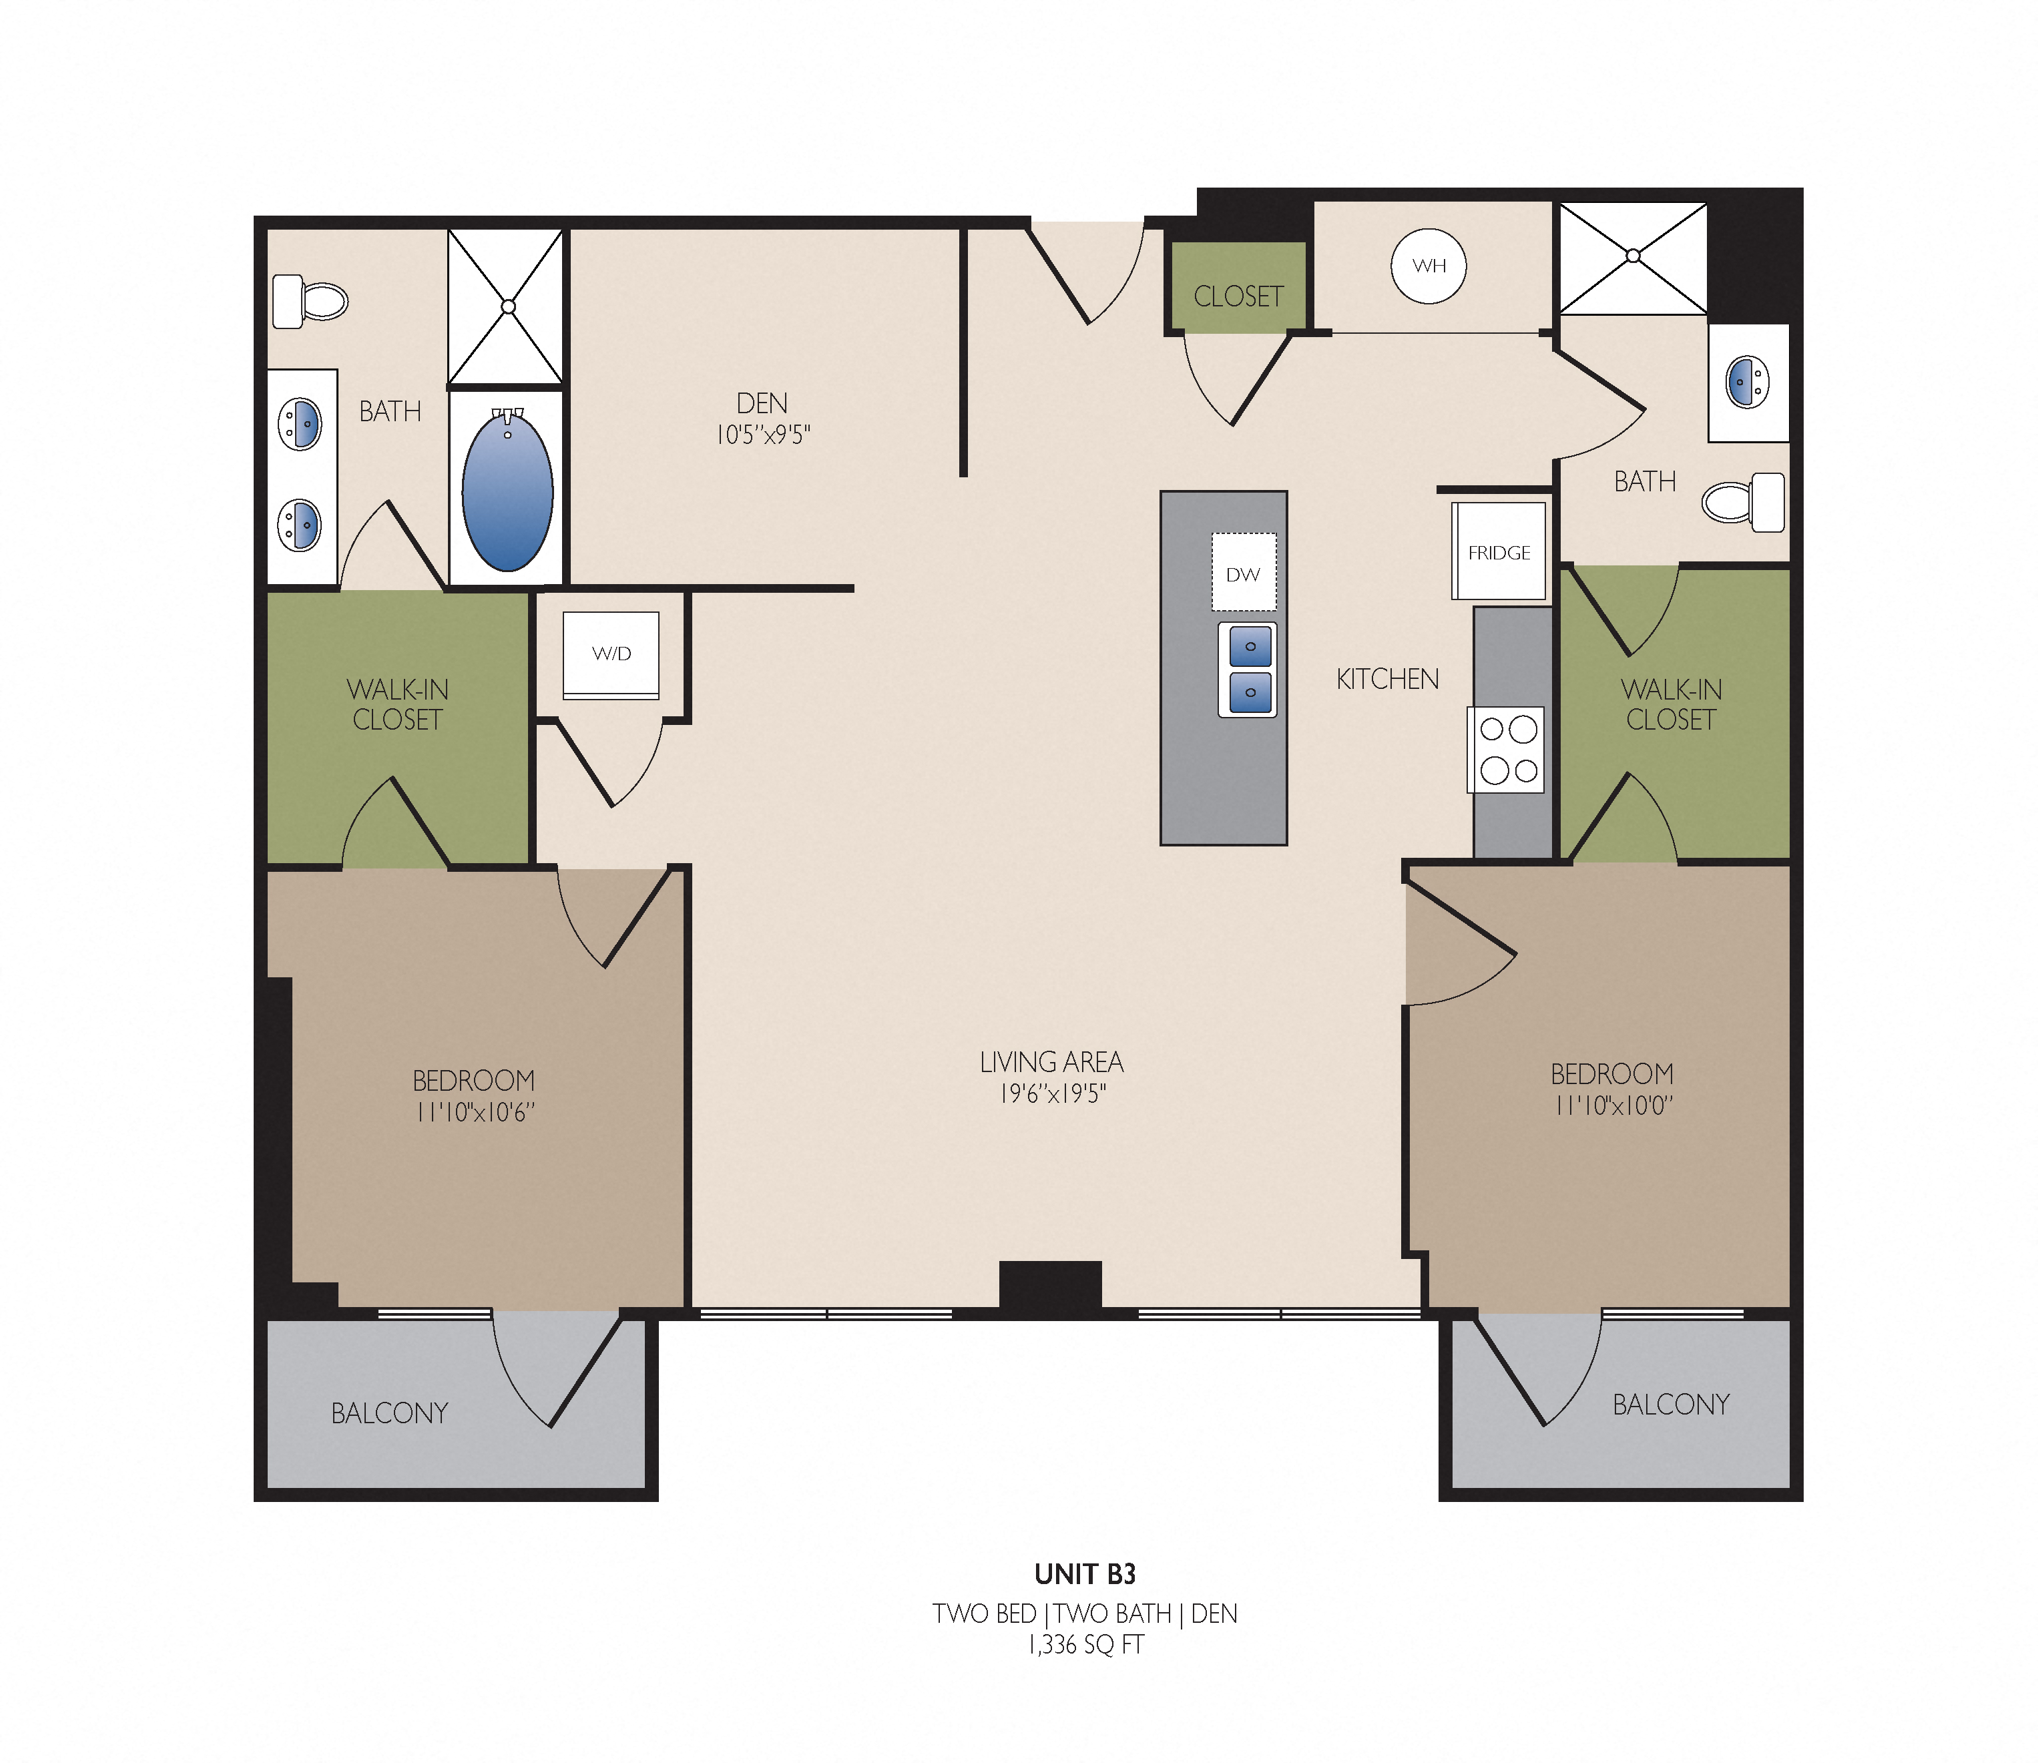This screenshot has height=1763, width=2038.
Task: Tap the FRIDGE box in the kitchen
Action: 1499,551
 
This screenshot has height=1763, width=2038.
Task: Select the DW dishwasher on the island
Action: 1243,573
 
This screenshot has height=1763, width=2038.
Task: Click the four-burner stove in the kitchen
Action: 1506,750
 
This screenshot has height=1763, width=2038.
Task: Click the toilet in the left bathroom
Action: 310,301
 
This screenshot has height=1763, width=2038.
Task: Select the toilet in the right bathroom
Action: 1743,502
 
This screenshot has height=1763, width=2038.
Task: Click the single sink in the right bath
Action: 1748,383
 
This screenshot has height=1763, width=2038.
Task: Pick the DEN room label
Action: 762,403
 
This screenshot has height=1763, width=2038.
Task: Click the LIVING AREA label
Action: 1051,1063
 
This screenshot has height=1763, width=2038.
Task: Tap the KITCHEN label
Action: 1387,679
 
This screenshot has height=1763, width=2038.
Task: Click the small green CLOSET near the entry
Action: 1238,287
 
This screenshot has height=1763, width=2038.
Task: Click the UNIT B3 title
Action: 1085,1574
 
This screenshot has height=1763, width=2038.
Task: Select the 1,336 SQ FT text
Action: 1086,1644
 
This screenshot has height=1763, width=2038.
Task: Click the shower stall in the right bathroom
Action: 1633,258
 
